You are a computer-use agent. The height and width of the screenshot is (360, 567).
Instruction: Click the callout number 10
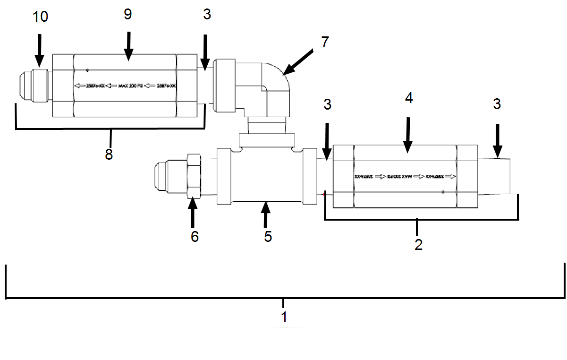[x=41, y=17]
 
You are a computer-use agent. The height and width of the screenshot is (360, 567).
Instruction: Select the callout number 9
[x=127, y=15]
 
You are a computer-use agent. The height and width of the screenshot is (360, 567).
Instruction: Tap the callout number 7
[x=324, y=42]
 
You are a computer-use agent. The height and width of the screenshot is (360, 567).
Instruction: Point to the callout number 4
[x=409, y=98]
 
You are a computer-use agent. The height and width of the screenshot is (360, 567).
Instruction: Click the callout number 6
[x=195, y=236]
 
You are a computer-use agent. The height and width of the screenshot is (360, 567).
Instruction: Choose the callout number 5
[x=268, y=236]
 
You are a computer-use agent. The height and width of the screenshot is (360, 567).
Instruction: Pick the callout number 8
[x=109, y=154]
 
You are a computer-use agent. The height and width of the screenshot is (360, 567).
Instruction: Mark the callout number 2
[x=418, y=244]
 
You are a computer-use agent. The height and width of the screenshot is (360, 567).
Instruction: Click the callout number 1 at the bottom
[x=284, y=316]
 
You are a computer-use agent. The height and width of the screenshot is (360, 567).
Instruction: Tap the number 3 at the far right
[x=497, y=104]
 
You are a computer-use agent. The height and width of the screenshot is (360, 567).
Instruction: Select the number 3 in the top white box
[x=207, y=15]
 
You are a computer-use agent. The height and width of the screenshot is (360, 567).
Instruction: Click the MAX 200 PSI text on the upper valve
[x=127, y=86]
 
